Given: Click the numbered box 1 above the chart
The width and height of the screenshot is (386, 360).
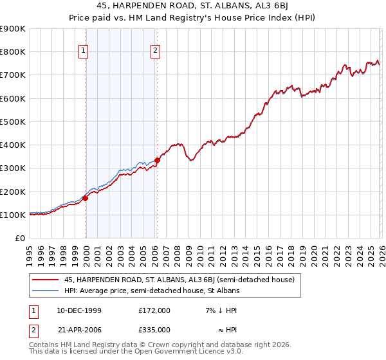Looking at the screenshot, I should click(84, 53).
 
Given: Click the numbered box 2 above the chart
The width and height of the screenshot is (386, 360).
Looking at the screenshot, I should click(156, 53).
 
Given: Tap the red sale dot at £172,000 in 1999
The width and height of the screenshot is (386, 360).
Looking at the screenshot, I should click(85, 198).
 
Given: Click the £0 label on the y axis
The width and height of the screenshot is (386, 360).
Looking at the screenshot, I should click(19, 238).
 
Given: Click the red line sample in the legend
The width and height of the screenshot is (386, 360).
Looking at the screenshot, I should click(46, 280).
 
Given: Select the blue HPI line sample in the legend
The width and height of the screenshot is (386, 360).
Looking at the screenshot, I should click(46, 291).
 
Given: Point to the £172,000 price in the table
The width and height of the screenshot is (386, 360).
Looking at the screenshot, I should click(154, 310).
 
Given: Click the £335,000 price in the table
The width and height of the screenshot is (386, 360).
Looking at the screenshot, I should click(154, 329).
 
